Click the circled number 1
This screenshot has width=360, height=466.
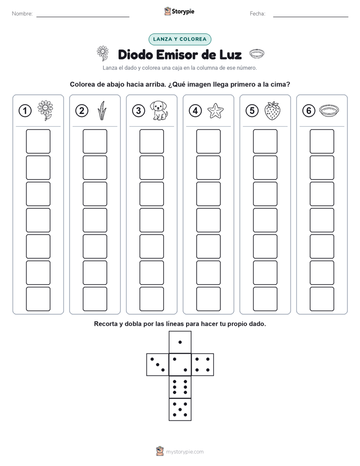click(x=25, y=111)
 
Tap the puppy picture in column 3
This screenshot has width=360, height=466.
click(x=159, y=110)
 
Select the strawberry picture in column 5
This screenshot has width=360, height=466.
click(x=272, y=110)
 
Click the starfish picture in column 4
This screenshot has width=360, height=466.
click(x=215, y=111)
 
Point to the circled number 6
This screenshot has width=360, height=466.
click(x=309, y=111)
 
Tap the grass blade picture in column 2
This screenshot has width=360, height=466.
click(x=102, y=110)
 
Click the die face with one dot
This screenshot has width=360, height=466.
click(x=180, y=342)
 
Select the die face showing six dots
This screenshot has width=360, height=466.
click(x=180, y=387)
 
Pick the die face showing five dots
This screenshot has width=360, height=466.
click(x=180, y=410)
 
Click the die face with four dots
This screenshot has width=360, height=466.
click(x=203, y=365)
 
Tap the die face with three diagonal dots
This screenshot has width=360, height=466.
click(x=158, y=365)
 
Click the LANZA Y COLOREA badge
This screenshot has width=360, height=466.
click(x=179, y=39)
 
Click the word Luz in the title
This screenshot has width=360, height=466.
click(x=230, y=54)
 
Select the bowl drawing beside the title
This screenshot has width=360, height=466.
click(x=257, y=54)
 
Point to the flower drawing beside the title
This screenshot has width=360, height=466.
click(x=103, y=53)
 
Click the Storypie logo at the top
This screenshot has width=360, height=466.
click(x=179, y=12)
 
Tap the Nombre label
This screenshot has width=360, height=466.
click(x=22, y=14)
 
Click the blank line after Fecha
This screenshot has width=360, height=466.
click(x=311, y=17)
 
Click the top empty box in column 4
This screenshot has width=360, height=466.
click(x=208, y=141)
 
